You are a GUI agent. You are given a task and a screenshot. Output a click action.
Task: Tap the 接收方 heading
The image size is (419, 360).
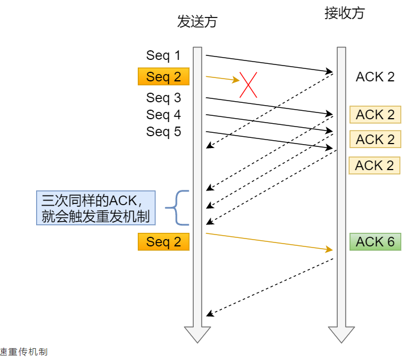344,14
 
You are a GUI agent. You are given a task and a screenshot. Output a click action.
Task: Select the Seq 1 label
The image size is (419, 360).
163,55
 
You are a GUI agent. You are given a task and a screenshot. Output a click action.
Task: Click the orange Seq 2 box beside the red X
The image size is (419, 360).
163,77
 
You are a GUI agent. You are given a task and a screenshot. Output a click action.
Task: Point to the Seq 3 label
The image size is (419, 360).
163,98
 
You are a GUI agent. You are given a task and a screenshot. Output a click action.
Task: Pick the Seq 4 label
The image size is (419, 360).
163,115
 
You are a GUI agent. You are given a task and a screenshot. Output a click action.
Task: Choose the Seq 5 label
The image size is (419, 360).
163,132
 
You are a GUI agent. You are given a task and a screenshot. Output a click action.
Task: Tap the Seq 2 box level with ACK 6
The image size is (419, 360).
163,242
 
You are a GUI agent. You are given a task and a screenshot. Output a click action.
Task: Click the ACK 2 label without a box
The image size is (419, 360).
375,77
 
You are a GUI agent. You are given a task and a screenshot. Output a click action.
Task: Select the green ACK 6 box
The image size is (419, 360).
375,242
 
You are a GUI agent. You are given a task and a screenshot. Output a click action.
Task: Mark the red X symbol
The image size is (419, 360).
249,85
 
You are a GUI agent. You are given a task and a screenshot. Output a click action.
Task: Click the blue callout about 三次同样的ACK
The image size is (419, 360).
95,207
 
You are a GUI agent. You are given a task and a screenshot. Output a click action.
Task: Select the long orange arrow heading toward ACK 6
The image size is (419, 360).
269,241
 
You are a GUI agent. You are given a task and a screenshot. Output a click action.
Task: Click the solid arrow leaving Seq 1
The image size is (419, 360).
269,63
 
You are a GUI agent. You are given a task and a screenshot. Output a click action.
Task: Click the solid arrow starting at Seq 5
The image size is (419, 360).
269,140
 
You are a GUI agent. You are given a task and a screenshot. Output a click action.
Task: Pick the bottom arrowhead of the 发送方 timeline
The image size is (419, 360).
197,334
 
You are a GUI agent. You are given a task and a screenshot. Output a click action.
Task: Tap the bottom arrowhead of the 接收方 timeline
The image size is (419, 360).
341,334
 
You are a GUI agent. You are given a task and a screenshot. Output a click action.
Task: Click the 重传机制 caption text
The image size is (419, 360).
25,352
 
